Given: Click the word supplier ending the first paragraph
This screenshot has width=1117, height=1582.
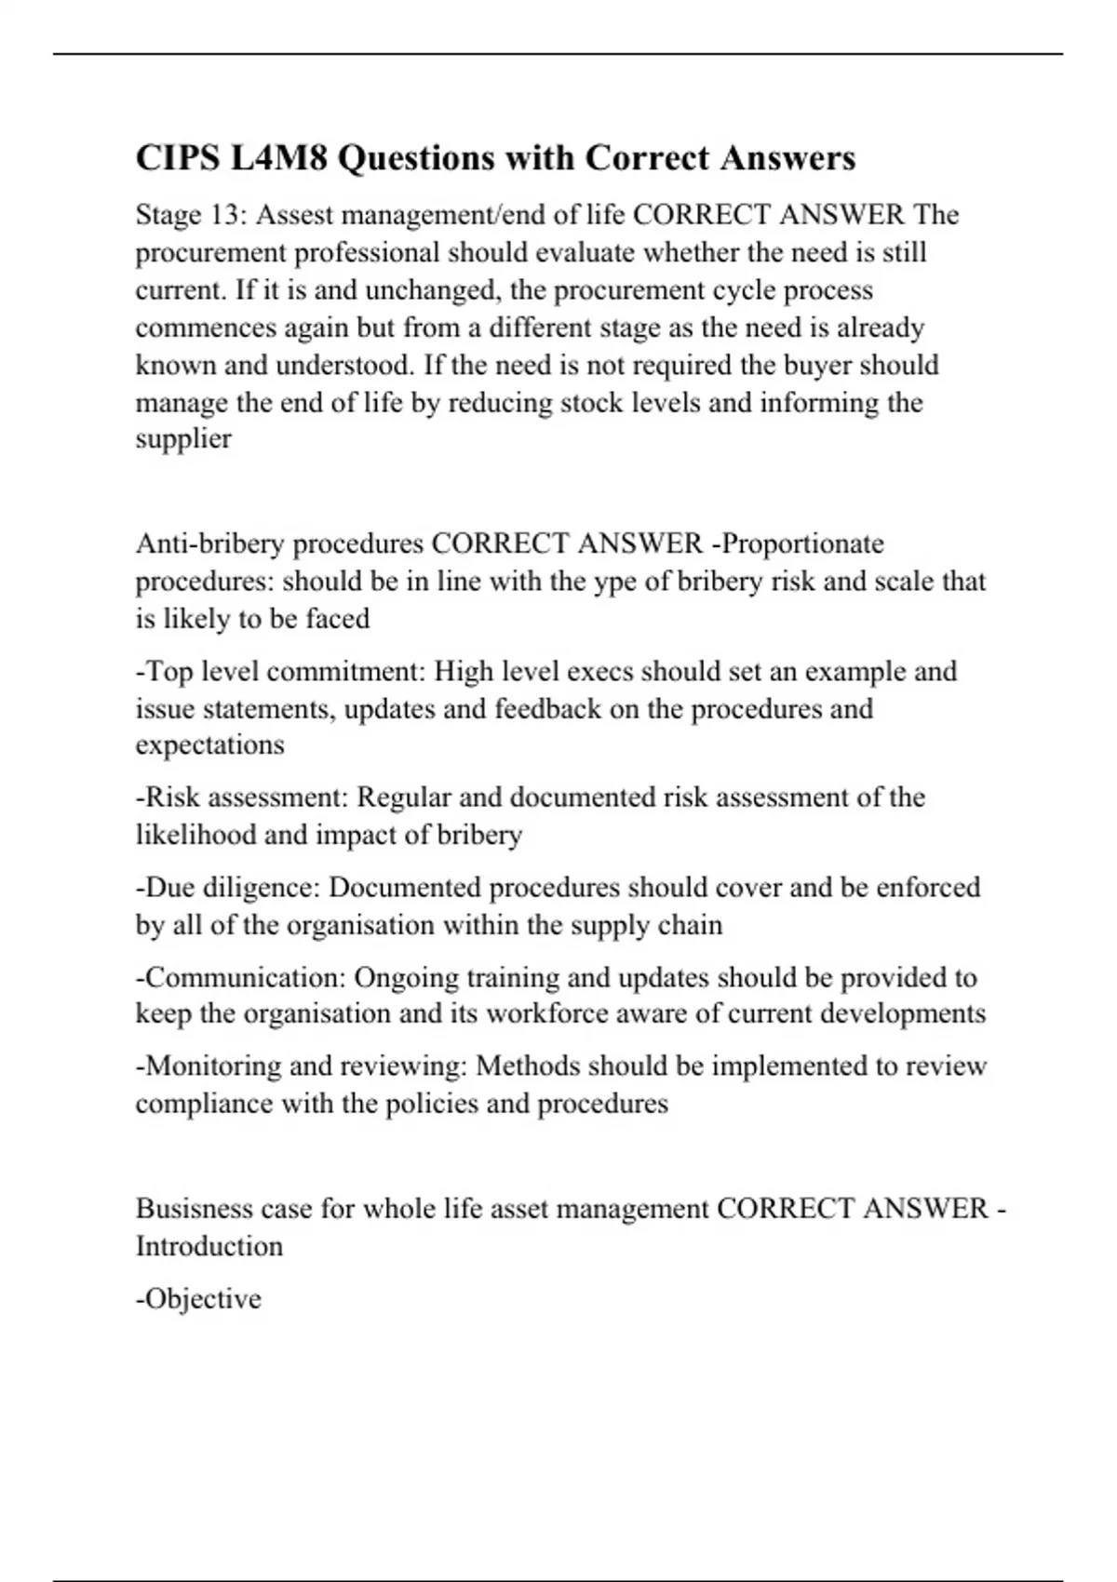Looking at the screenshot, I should tap(183, 438).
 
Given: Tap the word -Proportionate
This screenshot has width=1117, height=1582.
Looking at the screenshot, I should tap(797, 543).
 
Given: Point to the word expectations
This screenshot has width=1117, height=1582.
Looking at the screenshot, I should tap(210, 744).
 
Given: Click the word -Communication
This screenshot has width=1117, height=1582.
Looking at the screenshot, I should tap(241, 977).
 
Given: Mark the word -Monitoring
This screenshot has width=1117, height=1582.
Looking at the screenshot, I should tap(209, 1066).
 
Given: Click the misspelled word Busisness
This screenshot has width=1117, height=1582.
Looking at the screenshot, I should tap(195, 1209).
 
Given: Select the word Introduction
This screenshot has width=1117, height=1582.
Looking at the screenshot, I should tap(209, 1246).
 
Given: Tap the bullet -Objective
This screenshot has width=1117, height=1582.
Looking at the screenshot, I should tap(198, 1298).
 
